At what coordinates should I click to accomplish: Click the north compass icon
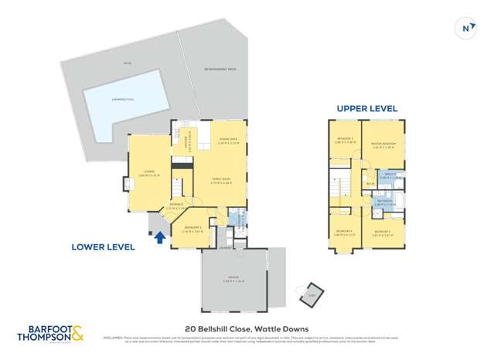pos(465,28)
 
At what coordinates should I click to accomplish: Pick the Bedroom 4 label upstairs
pos(344,233)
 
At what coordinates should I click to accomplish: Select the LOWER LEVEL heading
pos(103,247)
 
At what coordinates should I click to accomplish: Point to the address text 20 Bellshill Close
pos(247,328)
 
